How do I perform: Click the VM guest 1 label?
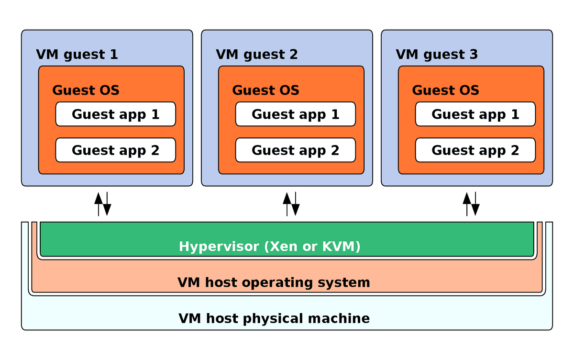tap(77, 55)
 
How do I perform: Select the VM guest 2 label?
tap(257, 55)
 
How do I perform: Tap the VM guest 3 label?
tap(437, 55)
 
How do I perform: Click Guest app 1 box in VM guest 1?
tap(115, 114)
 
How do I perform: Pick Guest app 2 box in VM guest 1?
tap(115, 150)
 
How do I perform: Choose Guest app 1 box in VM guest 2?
tap(295, 114)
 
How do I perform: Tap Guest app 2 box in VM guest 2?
tap(295, 150)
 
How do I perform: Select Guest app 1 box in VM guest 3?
tap(475, 114)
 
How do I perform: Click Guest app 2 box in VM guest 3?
tap(475, 150)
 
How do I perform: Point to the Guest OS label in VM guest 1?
tap(86, 90)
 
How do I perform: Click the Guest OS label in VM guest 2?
tap(265, 90)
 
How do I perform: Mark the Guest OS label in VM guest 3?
tap(445, 90)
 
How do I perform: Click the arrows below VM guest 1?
tap(103, 203)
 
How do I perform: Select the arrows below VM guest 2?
tap(291, 203)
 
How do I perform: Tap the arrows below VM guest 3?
tap(471, 203)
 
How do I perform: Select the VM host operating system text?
tap(274, 282)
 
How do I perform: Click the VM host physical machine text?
tap(274, 318)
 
